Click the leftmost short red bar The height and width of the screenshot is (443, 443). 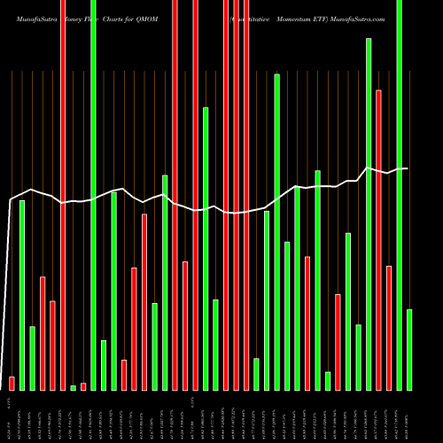(x=12, y=383)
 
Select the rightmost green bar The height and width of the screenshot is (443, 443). (x=409, y=349)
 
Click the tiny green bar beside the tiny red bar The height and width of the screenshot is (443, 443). (x=73, y=387)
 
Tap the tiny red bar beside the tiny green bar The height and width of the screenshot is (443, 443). (x=83, y=385)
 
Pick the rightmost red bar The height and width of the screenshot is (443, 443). (x=389, y=328)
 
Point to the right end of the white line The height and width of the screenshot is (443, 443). (x=408, y=168)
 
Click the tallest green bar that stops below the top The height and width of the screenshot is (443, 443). (x=369, y=214)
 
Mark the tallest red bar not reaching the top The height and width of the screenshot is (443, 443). (x=378, y=239)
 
